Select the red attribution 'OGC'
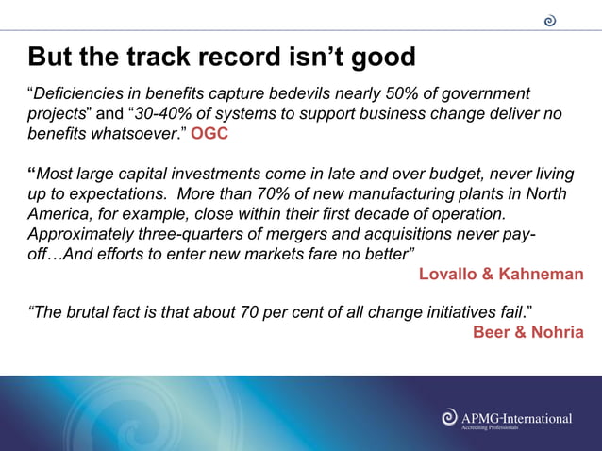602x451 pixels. (209, 133)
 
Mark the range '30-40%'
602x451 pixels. (163, 113)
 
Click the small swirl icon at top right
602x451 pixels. (550, 21)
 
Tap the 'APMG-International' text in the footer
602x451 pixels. (515, 417)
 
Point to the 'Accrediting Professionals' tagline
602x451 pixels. (489, 428)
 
